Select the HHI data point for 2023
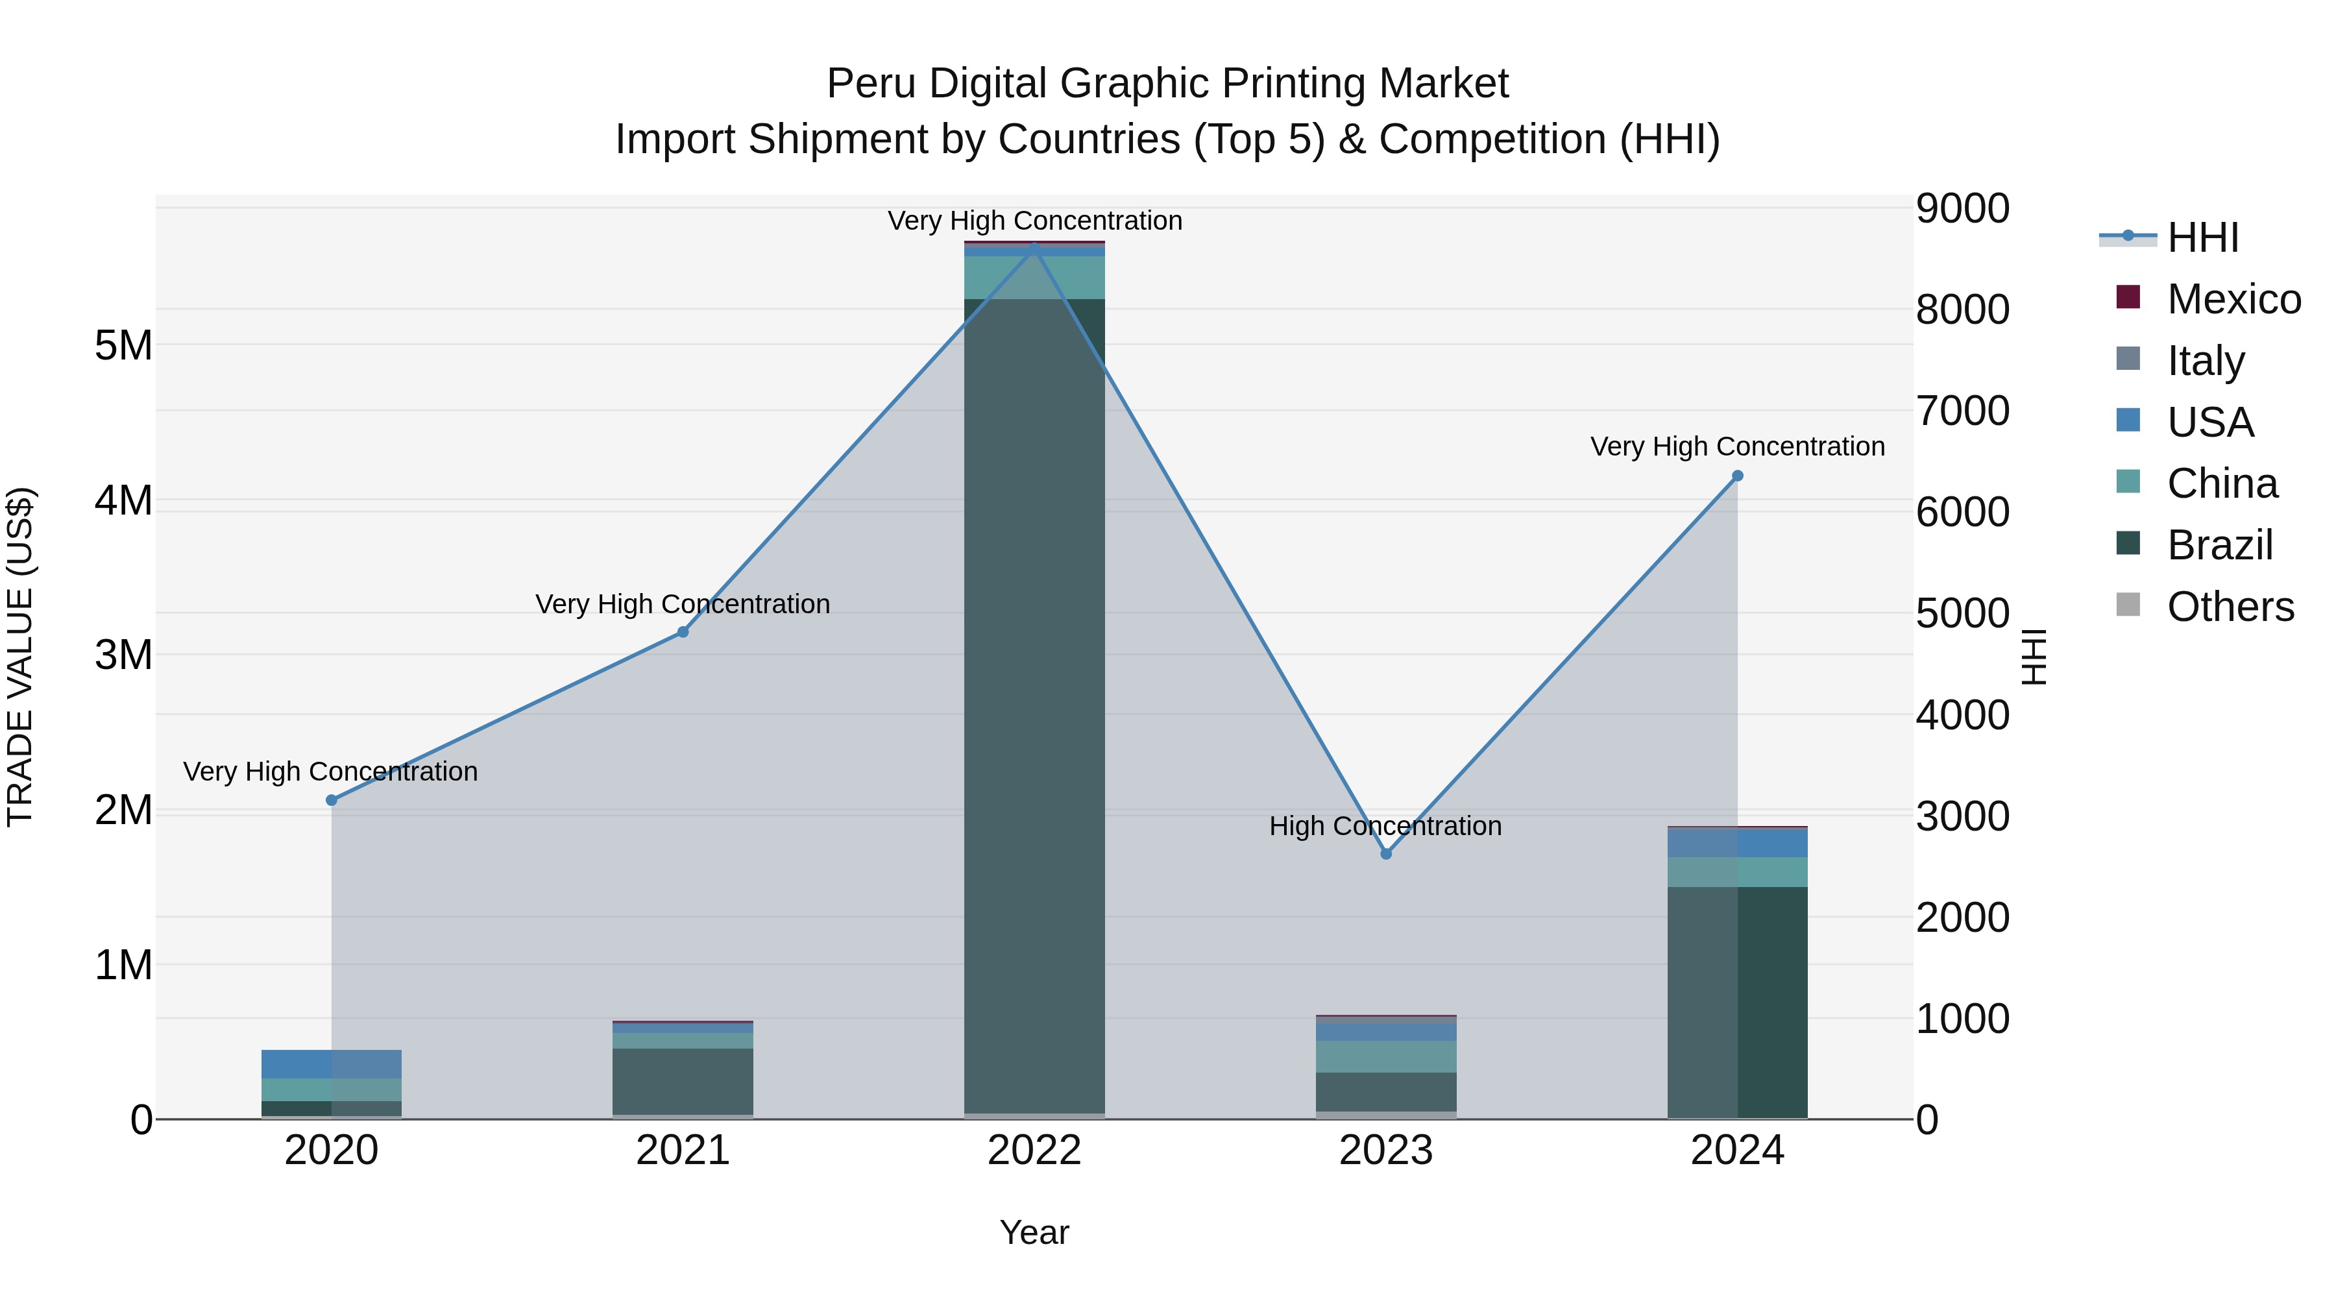[x=1385, y=853]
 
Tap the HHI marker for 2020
[x=331, y=800]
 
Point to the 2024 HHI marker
[x=1738, y=475]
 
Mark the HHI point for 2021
[x=683, y=632]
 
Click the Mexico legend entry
[x=2233, y=299]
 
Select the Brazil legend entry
[x=2219, y=545]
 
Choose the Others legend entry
[x=2230, y=607]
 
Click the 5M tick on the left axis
[x=123, y=345]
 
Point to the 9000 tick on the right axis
[x=1962, y=208]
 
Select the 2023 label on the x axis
[x=1385, y=1150]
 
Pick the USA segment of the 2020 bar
[x=331, y=1064]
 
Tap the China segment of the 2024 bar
[x=1738, y=871]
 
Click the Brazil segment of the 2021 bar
[x=683, y=1081]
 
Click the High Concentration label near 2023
[x=1385, y=826]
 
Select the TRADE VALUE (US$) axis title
[x=20, y=657]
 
